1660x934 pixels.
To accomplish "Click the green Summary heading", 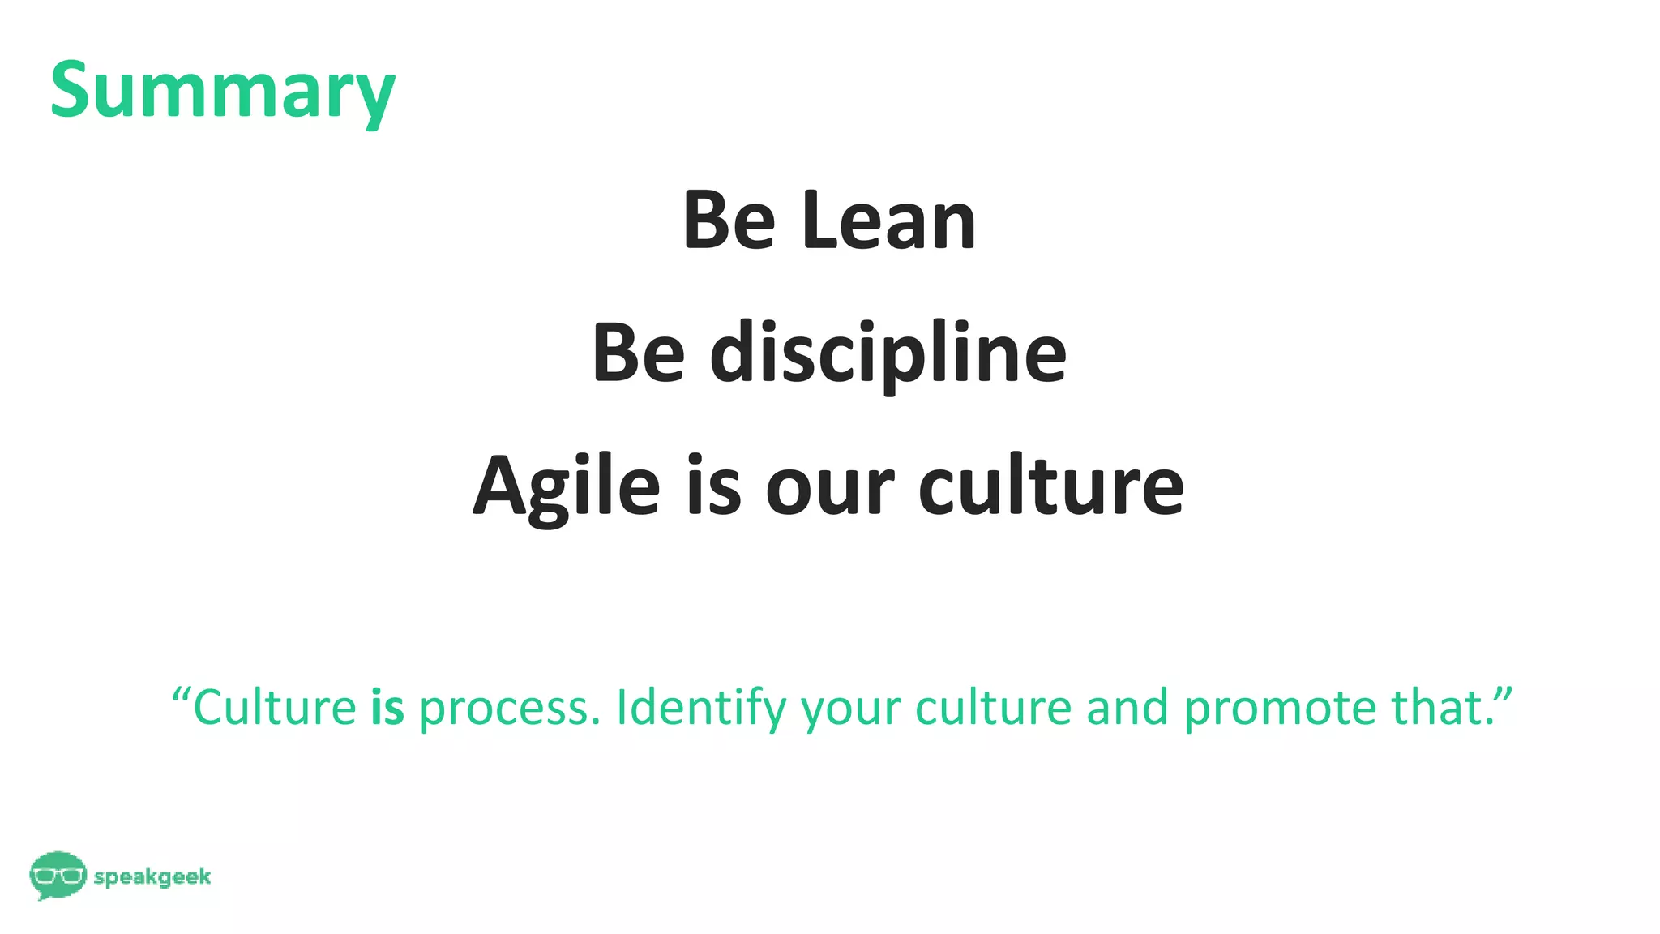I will point(222,91).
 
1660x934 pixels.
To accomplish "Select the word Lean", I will point(889,221).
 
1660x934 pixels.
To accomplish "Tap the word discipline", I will point(888,354).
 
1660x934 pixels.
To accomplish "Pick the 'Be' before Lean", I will point(729,221).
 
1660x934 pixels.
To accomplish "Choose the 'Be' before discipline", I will point(638,354).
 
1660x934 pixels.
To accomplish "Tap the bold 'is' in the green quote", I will point(387,707).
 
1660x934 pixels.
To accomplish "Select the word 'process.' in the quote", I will point(510,709).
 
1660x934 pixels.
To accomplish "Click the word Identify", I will point(701,709).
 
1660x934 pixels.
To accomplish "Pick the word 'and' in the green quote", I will point(1127,707).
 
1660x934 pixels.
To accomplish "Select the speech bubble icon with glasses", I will point(58,875).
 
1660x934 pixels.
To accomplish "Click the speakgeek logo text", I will point(152,877).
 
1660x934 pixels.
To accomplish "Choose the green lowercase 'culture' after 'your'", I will point(993,707).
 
